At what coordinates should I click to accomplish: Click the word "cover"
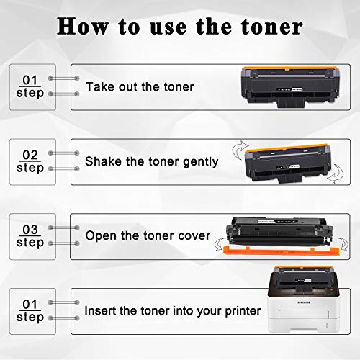194,235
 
